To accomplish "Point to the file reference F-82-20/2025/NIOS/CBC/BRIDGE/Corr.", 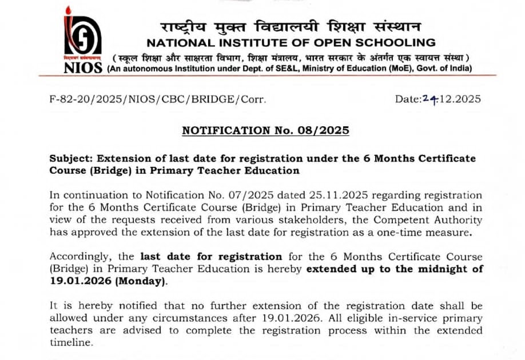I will point(158,99).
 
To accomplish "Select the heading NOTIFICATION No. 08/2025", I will point(265,130).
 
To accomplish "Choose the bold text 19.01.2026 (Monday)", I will point(109,281).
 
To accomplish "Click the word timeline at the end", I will point(70,343).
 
